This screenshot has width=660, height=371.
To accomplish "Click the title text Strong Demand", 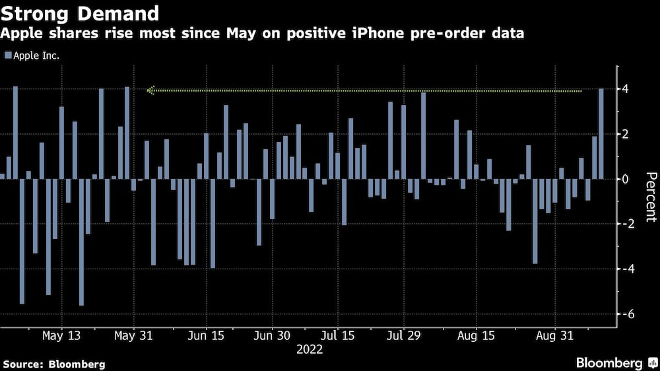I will [x=81, y=13].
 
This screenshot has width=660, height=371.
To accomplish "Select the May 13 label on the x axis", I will [x=61, y=335].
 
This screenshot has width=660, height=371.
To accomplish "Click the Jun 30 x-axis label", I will [x=272, y=335].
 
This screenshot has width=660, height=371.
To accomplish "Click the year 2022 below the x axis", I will [x=310, y=349].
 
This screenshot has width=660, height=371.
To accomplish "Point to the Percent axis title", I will [x=650, y=197].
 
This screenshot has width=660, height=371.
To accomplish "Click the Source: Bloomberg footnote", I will [x=54, y=364].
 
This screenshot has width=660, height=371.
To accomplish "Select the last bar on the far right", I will [x=601, y=133].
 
